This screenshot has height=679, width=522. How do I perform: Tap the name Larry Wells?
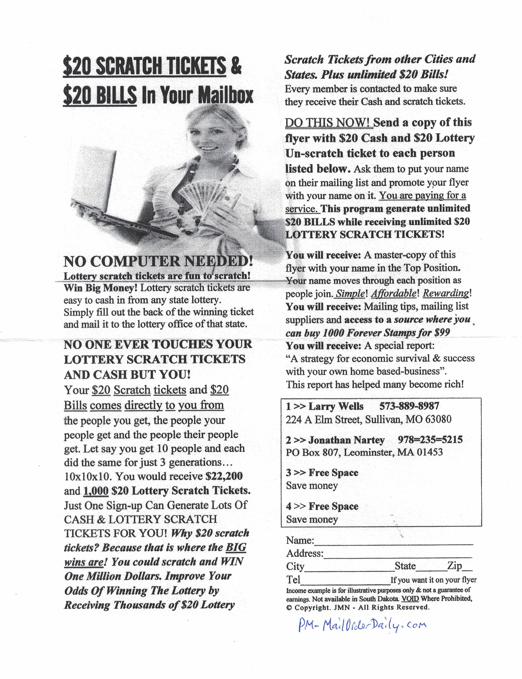coord(336,406)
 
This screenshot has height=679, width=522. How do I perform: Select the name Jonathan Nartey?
coord(346,440)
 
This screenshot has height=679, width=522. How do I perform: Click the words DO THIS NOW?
coord(329,123)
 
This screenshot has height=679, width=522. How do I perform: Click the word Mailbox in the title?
coord(226,95)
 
